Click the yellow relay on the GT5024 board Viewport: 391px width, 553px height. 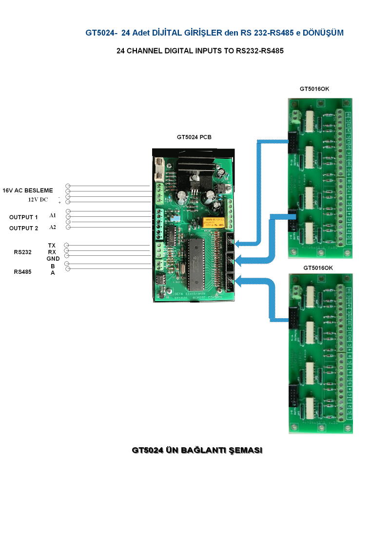(214, 223)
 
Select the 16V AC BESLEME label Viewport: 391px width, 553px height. (28, 190)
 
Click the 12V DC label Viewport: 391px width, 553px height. (38, 199)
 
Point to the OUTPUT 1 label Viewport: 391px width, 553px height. (23, 217)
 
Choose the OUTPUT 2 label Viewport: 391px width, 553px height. (23, 228)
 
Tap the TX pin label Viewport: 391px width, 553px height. (52, 245)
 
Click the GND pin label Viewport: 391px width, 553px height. (53, 259)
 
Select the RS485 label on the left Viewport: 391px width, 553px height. (22, 272)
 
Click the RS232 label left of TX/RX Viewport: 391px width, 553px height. (22, 252)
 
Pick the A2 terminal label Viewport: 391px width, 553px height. (53, 227)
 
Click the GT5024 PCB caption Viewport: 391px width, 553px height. (194, 137)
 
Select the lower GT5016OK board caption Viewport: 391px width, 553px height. (318, 268)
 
